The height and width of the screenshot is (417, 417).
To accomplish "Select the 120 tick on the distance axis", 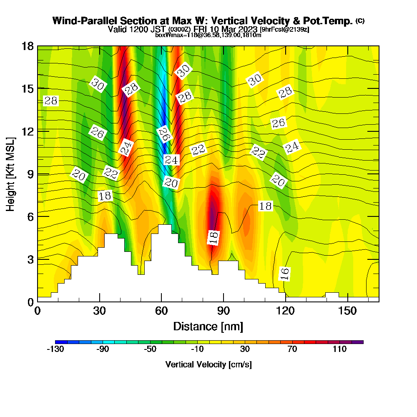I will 286,311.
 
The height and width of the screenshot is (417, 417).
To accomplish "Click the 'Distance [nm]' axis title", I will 208,326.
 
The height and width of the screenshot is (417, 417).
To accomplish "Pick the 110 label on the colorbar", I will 339,349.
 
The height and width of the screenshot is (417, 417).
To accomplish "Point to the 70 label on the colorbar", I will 292,349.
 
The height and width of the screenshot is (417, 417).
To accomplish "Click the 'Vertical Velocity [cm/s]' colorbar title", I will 208,364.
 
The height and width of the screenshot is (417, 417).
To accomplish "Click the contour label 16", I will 285,274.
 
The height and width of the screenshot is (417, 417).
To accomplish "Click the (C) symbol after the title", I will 360,21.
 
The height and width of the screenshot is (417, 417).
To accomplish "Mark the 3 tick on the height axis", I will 30,259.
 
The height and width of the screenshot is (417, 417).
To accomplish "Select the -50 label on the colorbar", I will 150,349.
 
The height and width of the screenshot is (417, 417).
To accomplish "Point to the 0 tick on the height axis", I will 30,301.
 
